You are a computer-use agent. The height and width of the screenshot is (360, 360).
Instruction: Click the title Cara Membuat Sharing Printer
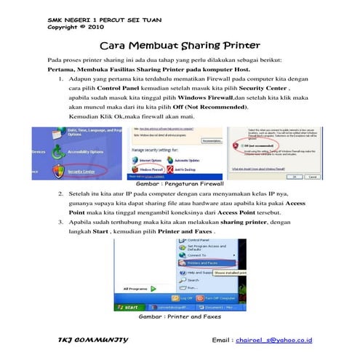pyautogui.click(x=180, y=45)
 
